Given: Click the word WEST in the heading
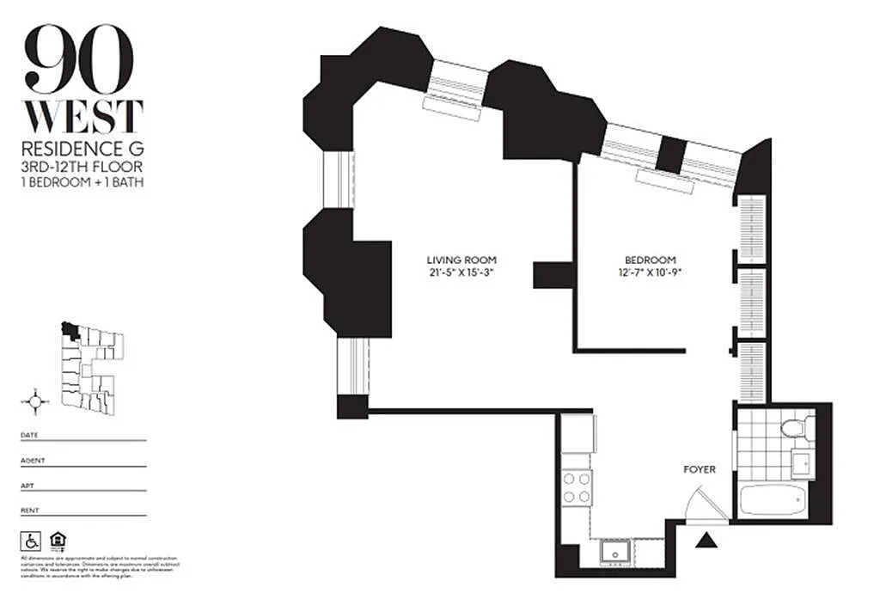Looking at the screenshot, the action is pyautogui.click(x=83, y=118).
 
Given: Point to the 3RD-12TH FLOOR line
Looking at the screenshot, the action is pyautogui.click(x=82, y=166).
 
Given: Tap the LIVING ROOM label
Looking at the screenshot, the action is pyautogui.click(x=461, y=260).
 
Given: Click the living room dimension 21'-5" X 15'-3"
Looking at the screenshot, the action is pyautogui.click(x=461, y=273).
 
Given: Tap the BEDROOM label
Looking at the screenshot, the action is pyautogui.click(x=650, y=260).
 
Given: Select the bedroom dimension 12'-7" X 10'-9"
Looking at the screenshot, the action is pyautogui.click(x=650, y=273).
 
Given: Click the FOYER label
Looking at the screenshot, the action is pyautogui.click(x=699, y=469).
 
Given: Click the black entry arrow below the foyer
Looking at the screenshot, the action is pyautogui.click(x=706, y=541).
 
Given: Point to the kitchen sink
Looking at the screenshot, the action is pyautogui.click(x=614, y=551).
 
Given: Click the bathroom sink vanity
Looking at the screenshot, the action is pyautogui.click(x=804, y=464).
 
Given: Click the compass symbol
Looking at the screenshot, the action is pyautogui.click(x=35, y=400).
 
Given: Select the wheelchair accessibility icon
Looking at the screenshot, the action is pyautogui.click(x=31, y=541).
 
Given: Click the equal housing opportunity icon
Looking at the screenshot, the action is pyautogui.click(x=58, y=541).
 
